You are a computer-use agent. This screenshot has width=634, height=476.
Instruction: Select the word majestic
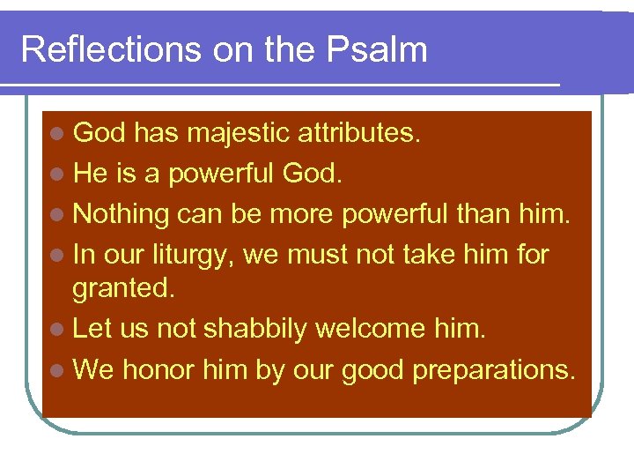238,133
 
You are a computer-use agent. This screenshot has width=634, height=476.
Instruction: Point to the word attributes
359,133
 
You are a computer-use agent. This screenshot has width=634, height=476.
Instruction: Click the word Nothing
121,214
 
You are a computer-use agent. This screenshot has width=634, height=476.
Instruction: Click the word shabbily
255,329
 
